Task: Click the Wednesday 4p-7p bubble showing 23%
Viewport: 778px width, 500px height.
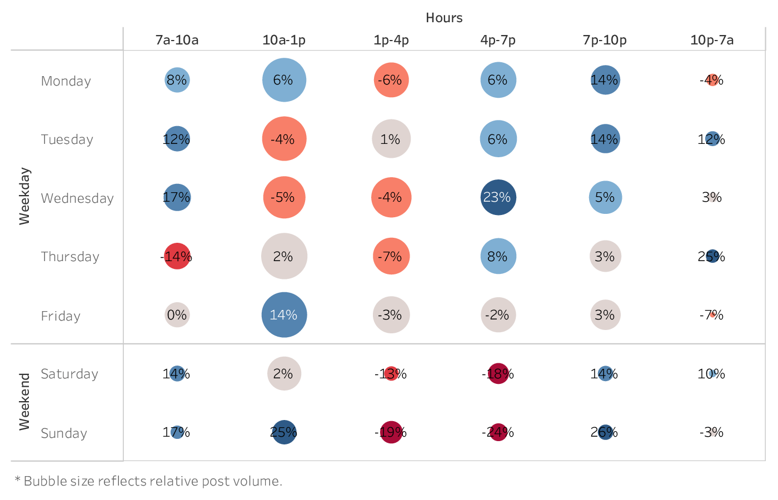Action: [498, 197]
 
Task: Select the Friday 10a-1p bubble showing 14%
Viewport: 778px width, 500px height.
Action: [284, 315]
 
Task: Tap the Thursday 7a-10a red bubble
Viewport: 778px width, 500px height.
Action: [177, 256]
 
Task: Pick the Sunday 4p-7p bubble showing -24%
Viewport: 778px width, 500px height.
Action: [498, 432]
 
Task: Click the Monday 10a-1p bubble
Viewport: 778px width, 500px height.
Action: [284, 80]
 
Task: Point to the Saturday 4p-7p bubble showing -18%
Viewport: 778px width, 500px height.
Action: [498, 374]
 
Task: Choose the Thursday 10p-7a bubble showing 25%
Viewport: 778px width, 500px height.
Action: [712, 256]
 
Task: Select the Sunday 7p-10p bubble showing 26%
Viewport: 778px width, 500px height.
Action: [605, 432]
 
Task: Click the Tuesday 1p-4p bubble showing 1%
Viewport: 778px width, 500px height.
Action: [391, 139]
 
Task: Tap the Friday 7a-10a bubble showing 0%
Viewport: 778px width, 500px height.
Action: [177, 315]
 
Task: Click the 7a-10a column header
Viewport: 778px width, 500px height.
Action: [177, 40]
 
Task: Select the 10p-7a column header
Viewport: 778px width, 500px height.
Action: [712, 40]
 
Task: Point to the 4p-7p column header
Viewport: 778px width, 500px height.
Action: [498, 40]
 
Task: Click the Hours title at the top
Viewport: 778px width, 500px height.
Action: [444, 18]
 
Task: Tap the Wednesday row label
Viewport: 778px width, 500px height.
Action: [77, 198]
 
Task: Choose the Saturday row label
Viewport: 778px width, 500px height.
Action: [69, 374]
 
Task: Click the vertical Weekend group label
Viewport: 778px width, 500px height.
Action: [24, 402]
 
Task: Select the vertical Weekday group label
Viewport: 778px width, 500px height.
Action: [24, 196]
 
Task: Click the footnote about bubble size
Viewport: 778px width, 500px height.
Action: [148, 481]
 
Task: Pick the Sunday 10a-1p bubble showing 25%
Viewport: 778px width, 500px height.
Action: [284, 432]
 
